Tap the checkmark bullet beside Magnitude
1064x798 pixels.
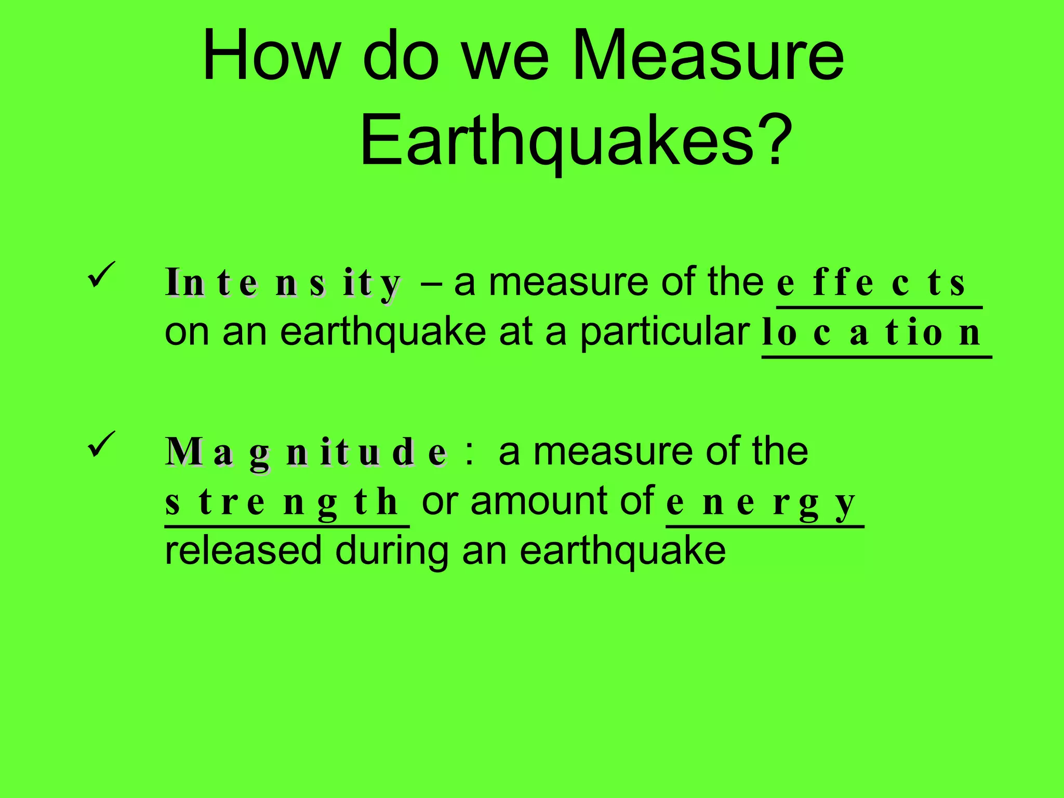click(101, 444)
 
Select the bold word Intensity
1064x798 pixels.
click(283, 283)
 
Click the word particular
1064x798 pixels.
click(664, 332)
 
